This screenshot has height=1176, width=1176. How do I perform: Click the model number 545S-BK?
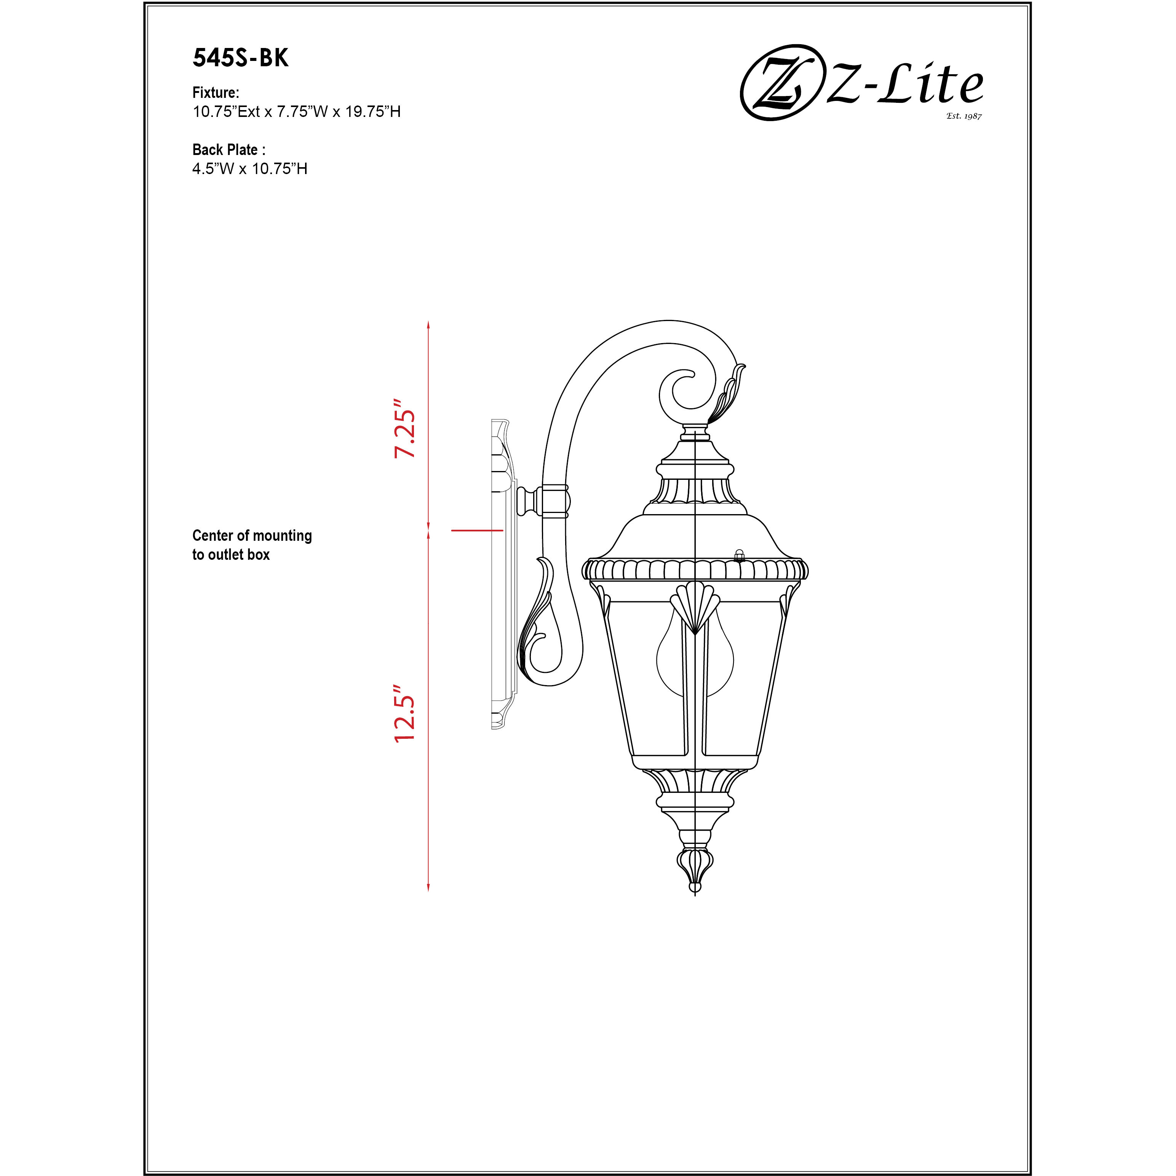tap(240, 58)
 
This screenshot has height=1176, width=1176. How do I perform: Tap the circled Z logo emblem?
tap(779, 82)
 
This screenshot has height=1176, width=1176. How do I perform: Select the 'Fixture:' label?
tap(216, 93)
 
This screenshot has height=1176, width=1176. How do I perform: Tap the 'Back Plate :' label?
tap(229, 150)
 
